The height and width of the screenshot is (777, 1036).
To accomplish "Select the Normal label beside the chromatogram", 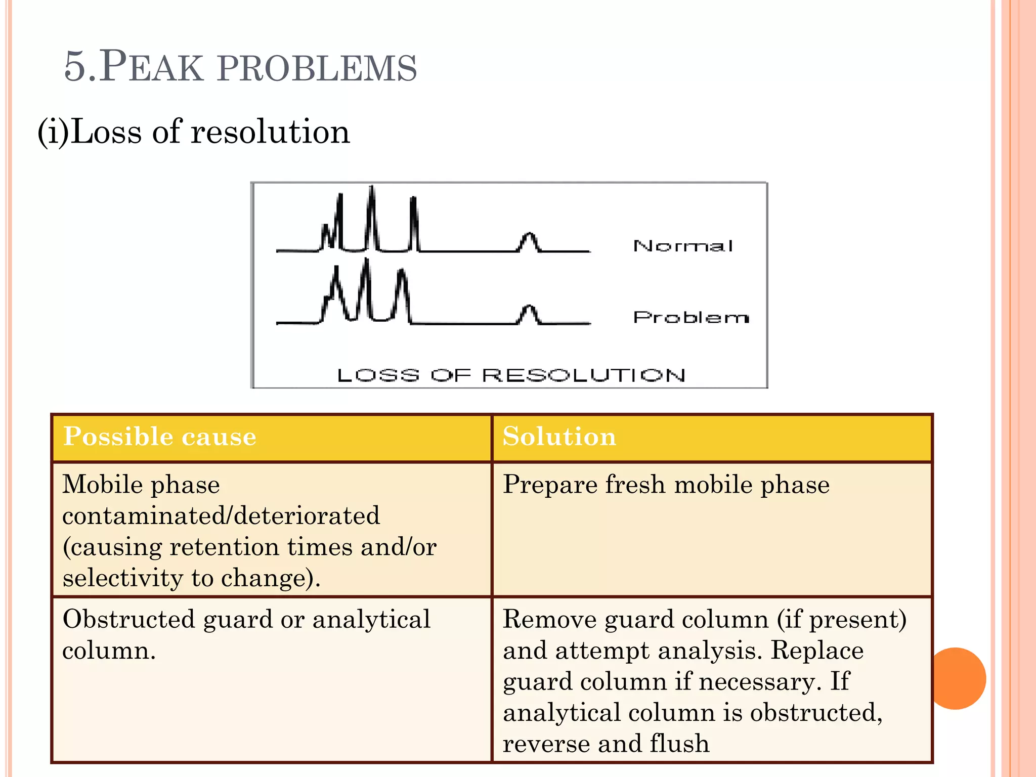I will click(682, 246).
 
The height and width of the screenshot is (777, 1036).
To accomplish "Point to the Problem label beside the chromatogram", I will click(690, 317).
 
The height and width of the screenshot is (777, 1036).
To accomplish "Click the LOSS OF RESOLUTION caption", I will click(511, 375).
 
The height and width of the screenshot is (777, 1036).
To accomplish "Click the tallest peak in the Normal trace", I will click(372, 212).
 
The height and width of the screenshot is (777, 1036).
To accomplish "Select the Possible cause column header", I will click(160, 437).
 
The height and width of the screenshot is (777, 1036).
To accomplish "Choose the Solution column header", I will click(559, 437).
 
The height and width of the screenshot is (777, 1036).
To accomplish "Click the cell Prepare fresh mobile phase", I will click(666, 485).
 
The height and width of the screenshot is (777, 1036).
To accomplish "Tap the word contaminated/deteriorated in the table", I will click(221, 516).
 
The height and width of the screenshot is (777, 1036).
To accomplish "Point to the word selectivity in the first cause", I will click(122, 578).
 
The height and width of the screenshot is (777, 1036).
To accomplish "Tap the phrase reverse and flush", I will click(606, 744).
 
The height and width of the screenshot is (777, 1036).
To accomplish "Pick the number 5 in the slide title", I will click(75, 67).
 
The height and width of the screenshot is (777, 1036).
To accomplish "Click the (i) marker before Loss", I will click(53, 132).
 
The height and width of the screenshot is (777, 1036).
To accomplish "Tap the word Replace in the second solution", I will click(816, 651).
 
